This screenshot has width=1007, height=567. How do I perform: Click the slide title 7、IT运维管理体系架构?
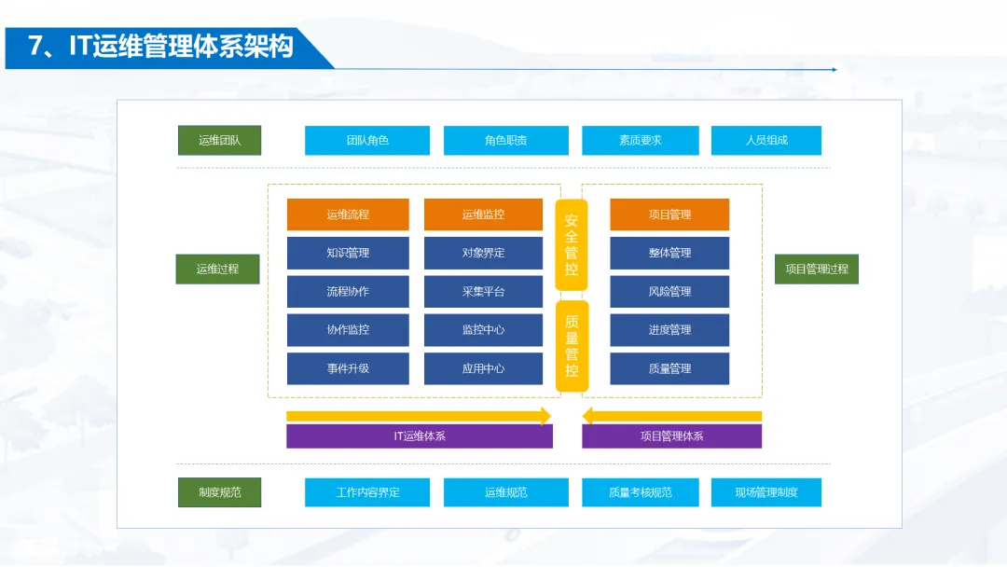(x=161, y=47)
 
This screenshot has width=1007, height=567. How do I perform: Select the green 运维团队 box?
(x=219, y=140)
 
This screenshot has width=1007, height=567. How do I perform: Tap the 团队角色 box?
(x=367, y=140)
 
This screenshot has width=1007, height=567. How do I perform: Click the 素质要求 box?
(x=640, y=140)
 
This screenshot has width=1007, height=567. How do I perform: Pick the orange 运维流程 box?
(x=348, y=214)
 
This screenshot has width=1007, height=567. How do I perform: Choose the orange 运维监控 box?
(x=483, y=214)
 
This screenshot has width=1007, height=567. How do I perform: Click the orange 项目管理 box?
(x=669, y=214)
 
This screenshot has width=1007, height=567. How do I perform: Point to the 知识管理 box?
(x=348, y=253)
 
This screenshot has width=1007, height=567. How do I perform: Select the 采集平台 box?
(x=483, y=291)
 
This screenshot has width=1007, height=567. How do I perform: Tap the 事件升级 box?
(x=348, y=368)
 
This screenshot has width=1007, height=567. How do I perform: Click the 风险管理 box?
(x=669, y=291)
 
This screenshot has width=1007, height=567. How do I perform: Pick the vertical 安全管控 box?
(x=572, y=244)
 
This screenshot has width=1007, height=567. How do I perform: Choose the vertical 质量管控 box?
(x=572, y=345)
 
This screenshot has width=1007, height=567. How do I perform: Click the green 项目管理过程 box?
(x=817, y=269)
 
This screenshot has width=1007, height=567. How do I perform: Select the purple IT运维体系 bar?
(x=420, y=436)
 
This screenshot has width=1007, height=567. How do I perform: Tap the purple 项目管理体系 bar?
(x=671, y=436)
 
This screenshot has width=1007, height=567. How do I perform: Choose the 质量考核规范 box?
(x=640, y=492)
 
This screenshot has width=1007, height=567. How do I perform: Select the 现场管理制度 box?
(x=766, y=492)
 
